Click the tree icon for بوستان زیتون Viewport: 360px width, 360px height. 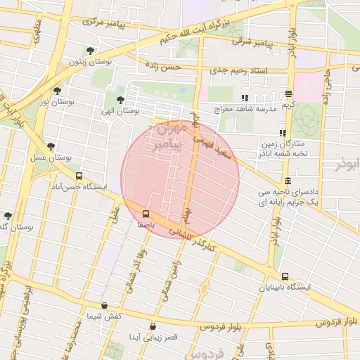[x=89, y=51]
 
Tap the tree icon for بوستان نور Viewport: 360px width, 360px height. [x=57, y=91]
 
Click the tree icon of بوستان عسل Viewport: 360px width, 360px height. [x=51, y=147]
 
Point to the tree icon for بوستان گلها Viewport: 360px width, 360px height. [x=8, y=216]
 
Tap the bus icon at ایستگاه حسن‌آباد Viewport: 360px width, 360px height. [x=79, y=176]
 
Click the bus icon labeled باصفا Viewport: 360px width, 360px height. [x=146, y=214]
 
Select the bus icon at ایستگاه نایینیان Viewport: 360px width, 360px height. [x=285, y=276]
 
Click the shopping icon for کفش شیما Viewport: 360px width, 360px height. [x=105, y=306]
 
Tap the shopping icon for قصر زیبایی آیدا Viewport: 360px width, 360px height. [x=153, y=327]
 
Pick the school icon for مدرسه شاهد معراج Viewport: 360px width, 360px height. [x=245, y=98]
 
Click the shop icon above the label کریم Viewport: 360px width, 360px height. [x=288, y=94]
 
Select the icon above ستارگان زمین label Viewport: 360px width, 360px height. [x=283, y=133]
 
